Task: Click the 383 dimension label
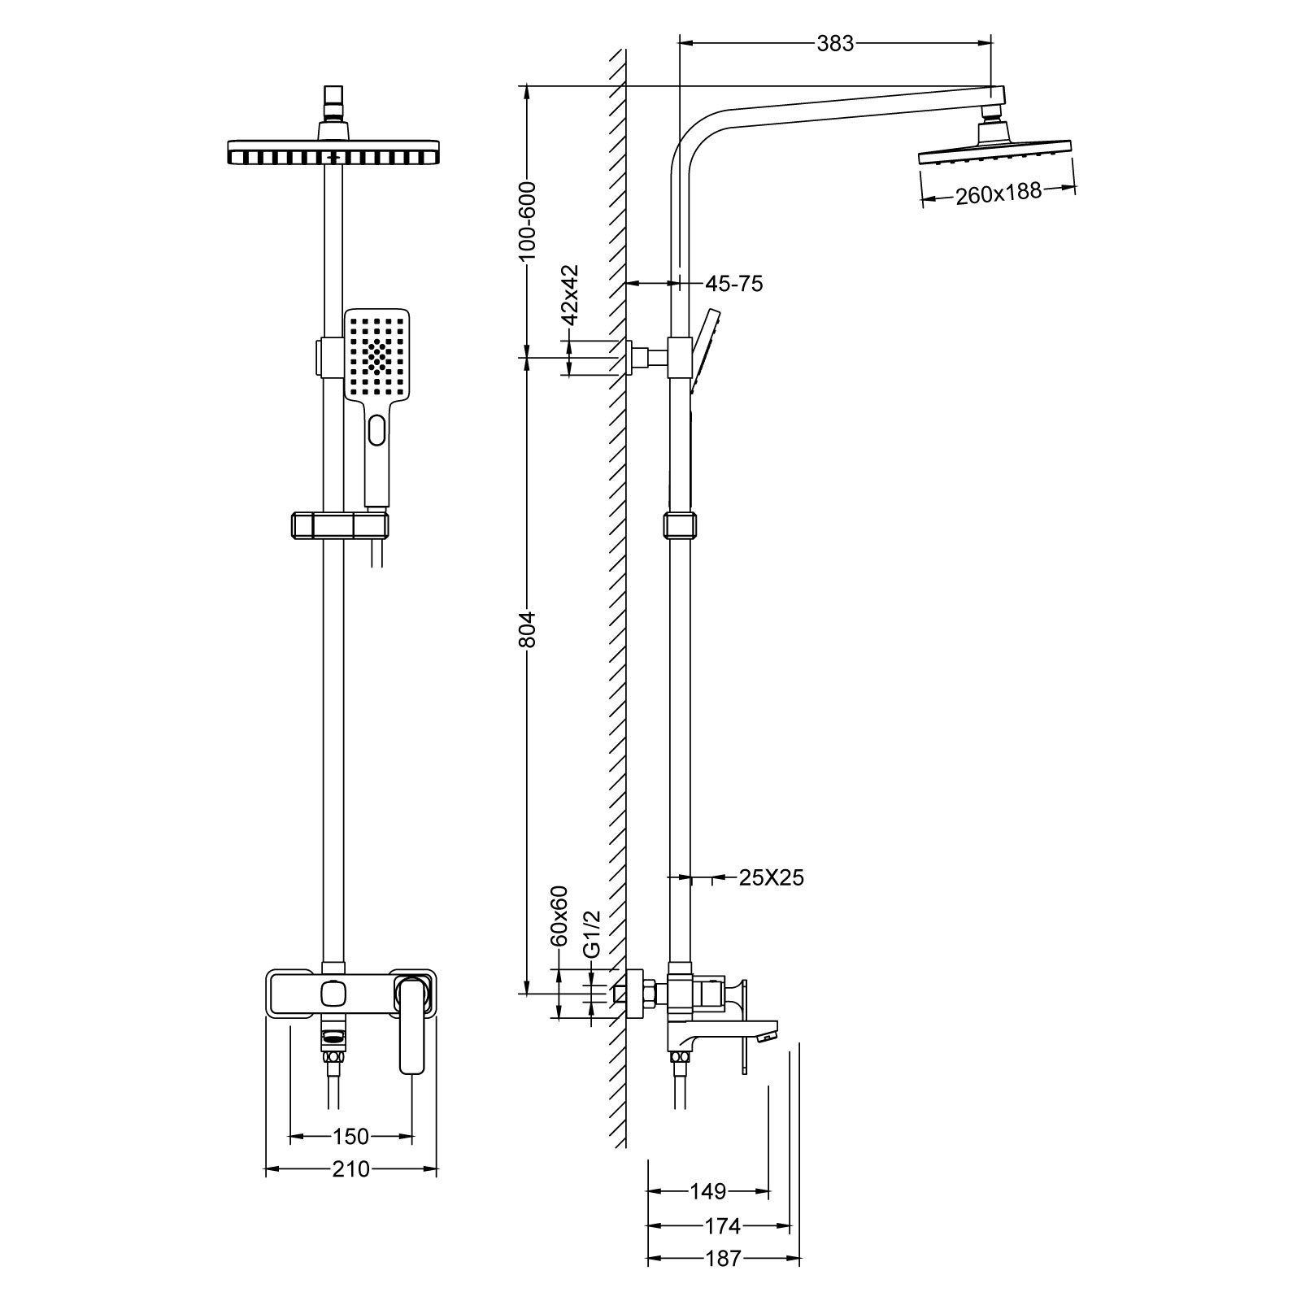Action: [x=835, y=44]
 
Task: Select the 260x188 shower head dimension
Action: [x=998, y=194]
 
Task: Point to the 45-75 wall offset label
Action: [x=733, y=284]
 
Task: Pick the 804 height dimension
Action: [x=528, y=629]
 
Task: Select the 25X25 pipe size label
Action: [x=771, y=877]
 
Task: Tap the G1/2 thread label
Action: [x=592, y=933]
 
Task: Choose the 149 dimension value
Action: [x=707, y=1192]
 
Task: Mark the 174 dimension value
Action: [x=722, y=1225]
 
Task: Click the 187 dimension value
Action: [x=722, y=1259]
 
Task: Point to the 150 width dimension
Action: [x=350, y=1136]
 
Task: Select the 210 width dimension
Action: [x=350, y=1169]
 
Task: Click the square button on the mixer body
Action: [x=333, y=994]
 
